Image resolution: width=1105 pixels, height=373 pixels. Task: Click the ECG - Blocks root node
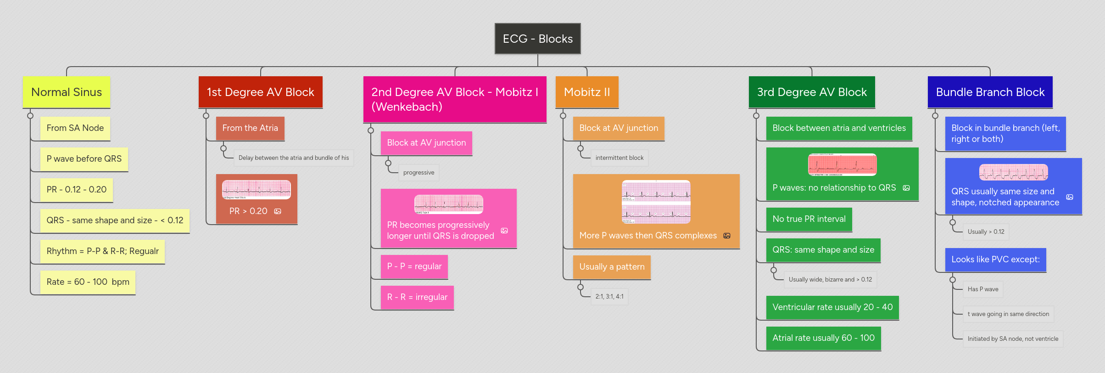[x=537, y=39]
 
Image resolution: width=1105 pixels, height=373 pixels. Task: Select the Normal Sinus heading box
[x=67, y=92]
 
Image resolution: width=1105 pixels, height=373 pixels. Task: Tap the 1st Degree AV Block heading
[x=260, y=92]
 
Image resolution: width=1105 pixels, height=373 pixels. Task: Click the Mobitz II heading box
[x=586, y=92]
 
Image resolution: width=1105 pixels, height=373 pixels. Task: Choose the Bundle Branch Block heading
[x=990, y=92]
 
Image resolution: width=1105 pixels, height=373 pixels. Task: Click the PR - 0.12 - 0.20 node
[x=76, y=189]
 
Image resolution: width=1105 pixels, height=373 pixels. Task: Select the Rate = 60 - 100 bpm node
[x=88, y=282]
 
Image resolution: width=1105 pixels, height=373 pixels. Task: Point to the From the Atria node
[x=250, y=128]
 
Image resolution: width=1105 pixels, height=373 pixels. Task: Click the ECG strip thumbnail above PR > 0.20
[x=256, y=189]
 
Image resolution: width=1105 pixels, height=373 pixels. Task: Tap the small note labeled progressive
[x=419, y=172]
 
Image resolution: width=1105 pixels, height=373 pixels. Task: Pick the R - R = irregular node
[x=417, y=297]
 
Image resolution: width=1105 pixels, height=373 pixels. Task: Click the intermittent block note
[x=619, y=158]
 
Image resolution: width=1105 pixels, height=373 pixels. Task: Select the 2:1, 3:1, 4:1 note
[x=609, y=296]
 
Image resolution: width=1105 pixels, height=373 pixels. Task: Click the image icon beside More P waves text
[x=727, y=236]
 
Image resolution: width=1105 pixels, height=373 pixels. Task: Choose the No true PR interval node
[x=809, y=219]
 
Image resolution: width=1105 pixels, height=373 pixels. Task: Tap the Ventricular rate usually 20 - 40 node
[x=832, y=307]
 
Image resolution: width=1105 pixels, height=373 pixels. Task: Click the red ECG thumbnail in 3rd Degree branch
[x=842, y=164]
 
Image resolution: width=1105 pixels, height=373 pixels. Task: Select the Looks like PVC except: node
[x=995, y=259]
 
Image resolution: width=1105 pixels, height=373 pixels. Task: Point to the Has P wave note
[x=982, y=289]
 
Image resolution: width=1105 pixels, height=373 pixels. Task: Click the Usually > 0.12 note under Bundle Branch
[x=986, y=232]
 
